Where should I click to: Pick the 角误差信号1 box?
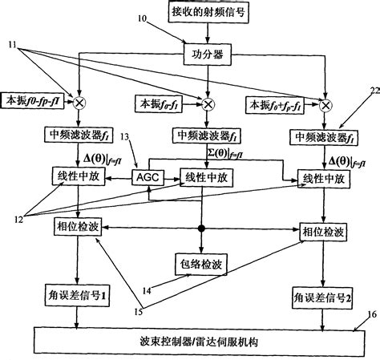coord(78,297)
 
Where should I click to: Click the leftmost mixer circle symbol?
coord(80,102)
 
